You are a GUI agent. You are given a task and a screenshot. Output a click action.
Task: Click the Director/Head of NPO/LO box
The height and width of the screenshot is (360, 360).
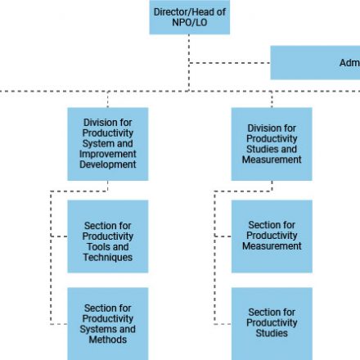(x=190, y=17)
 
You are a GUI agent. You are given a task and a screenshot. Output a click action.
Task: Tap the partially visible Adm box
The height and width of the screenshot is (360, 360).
(x=315, y=63)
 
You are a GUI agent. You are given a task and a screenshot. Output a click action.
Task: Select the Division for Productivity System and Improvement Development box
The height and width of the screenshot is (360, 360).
(x=108, y=144)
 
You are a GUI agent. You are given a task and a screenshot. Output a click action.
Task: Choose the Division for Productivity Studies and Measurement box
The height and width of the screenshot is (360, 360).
(x=272, y=144)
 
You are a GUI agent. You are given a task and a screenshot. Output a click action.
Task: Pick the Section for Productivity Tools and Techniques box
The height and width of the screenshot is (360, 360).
(x=108, y=236)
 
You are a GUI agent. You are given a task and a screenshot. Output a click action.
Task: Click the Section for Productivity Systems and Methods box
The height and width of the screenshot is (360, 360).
(x=108, y=324)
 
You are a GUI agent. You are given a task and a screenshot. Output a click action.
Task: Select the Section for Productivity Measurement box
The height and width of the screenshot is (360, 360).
(x=272, y=236)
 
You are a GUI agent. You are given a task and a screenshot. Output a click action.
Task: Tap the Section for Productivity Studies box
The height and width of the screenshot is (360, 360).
(x=272, y=324)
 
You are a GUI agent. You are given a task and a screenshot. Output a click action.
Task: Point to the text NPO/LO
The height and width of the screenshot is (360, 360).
(x=190, y=22)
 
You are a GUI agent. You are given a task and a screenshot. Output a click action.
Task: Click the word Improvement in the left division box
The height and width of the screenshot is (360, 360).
(x=108, y=154)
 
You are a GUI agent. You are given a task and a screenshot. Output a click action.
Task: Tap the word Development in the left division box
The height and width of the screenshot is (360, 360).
(x=108, y=164)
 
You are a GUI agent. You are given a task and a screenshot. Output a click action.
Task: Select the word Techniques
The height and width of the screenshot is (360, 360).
(x=108, y=258)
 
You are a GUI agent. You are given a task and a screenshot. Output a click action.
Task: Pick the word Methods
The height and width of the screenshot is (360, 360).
(x=108, y=340)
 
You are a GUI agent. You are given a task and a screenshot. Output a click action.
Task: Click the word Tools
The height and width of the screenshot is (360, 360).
(x=97, y=247)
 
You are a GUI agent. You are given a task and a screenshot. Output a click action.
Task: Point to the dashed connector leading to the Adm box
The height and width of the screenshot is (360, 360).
(x=229, y=63)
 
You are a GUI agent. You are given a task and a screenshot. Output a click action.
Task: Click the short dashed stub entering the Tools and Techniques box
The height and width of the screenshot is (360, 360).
(x=59, y=236)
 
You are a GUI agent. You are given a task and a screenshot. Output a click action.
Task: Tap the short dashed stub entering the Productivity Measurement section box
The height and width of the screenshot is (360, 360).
(x=223, y=236)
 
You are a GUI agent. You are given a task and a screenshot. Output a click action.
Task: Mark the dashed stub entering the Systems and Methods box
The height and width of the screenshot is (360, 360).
(x=59, y=324)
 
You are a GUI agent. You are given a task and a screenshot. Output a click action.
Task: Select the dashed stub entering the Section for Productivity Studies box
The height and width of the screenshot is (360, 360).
(x=223, y=324)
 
